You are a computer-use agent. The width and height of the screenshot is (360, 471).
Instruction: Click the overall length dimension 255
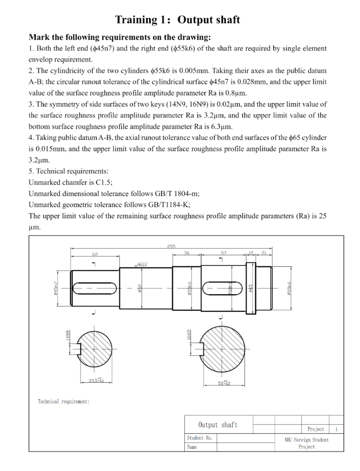tap(170, 247)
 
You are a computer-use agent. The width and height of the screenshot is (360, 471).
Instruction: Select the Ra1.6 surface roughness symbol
tap(142, 266)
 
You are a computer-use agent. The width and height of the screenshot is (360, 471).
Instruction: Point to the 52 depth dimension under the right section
tap(223, 383)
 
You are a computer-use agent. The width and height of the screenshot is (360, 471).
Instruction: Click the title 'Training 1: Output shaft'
tap(178, 20)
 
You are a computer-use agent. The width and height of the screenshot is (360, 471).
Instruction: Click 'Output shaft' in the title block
tap(217, 425)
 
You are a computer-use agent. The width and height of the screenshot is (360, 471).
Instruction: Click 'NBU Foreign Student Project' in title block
tap(306, 443)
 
